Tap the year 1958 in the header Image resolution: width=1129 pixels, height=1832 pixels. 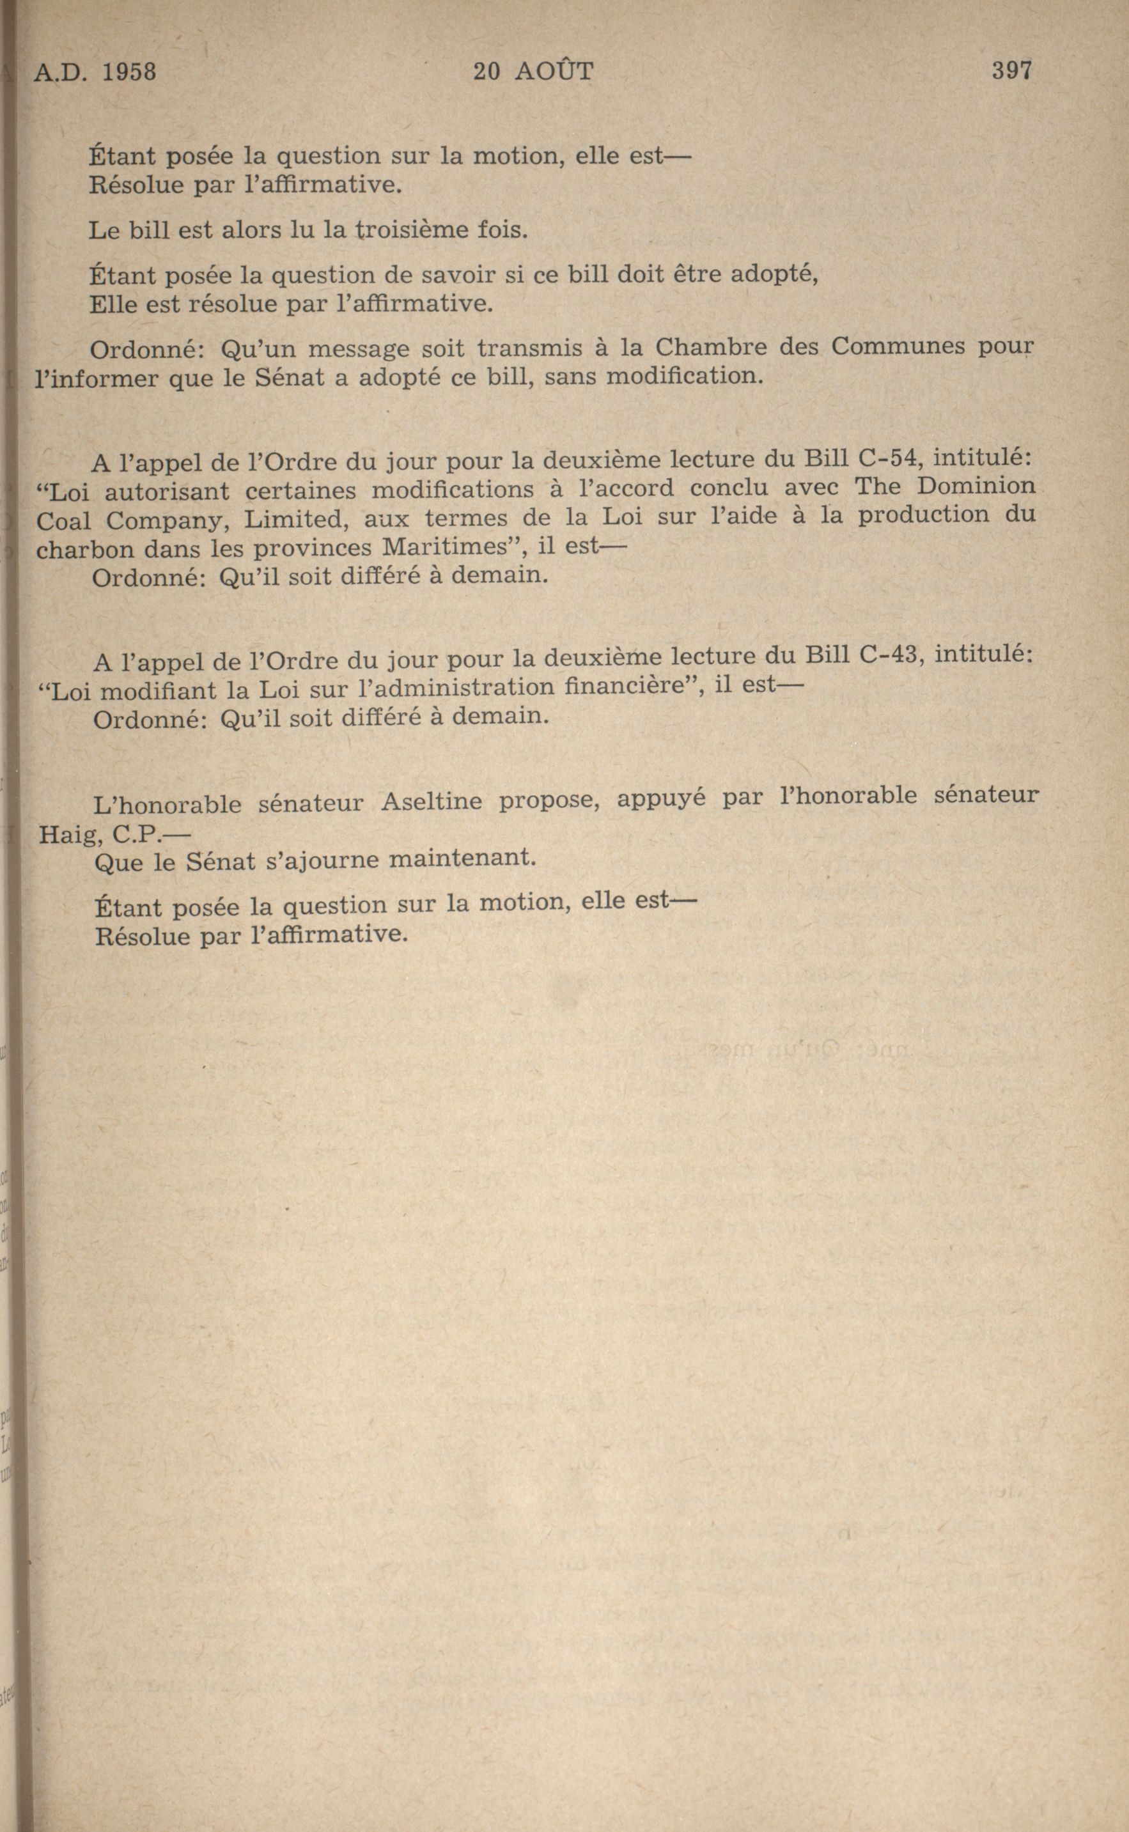pyautogui.click(x=128, y=72)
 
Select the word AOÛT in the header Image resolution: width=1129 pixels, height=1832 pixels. pyautogui.click(x=554, y=71)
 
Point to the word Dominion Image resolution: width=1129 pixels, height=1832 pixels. pyautogui.click(x=976, y=486)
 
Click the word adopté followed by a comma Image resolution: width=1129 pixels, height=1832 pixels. pyautogui.click(x=774, y=275)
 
